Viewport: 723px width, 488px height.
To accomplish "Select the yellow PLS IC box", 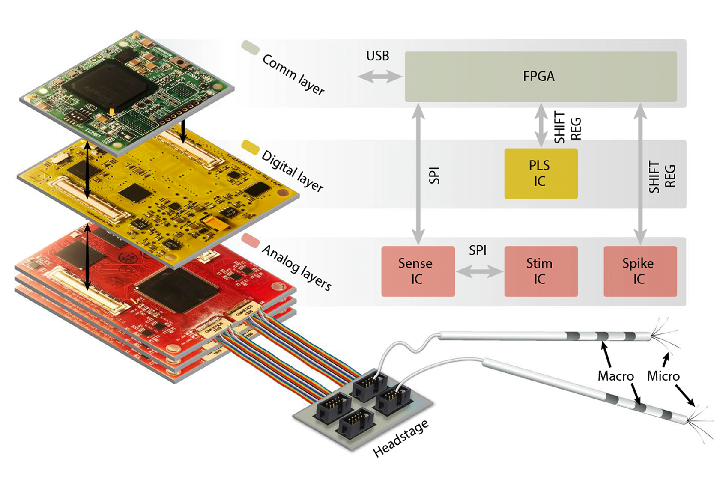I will [x=541, y=173].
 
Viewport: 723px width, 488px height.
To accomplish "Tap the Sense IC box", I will [x=418, y=271].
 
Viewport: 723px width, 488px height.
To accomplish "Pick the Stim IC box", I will [x=541, y=271].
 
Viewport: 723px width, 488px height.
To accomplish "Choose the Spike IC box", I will [x=640, y=271].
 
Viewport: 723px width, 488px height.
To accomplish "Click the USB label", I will [x=377, y=56].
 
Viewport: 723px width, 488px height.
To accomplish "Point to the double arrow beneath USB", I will [x=379, y=77].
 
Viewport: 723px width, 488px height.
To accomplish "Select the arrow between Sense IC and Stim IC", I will [x=479, y=271].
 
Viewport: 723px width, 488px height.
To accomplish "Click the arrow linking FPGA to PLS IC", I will [x=541, y=125].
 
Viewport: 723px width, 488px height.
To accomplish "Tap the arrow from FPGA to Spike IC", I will [x=640, y=173].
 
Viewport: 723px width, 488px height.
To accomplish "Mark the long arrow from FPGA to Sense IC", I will [x=418, y=173].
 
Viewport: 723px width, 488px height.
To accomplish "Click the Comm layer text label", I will [x=293, y=74].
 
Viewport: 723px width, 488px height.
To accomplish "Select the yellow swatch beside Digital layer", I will [x=251, y=147].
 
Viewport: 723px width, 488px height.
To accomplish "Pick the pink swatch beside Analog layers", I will [x=251, y=240].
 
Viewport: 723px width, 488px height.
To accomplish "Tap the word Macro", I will [x=615, y=376].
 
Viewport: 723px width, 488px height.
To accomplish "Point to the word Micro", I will [x=663, y=376].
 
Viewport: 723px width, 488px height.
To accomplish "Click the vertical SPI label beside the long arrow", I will [x=435, y=176].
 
